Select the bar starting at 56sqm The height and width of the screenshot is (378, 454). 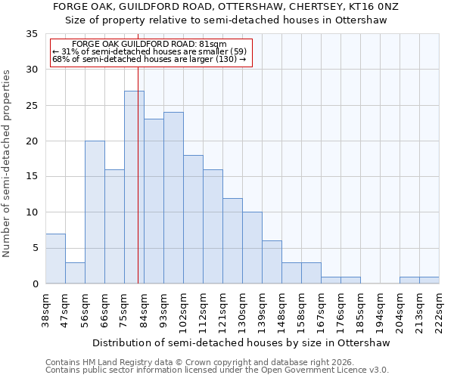pyautogui.click(x=95, y=212)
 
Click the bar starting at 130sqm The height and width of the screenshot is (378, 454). pyautogui.click(x=252, y=248)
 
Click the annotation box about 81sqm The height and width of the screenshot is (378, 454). pyautogui.click(x=150, y=52)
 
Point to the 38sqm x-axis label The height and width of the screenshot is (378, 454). pyautogui.click(x=46, y=310)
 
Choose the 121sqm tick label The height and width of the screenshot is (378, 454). pyautogui.click(x=223, y=310)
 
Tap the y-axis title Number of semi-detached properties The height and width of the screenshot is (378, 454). pyautogui.click(x=8, y=163)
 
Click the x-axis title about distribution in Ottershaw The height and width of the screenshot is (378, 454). pyautogui.click(x=241, y=343)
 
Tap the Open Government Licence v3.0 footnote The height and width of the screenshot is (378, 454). pyautogui.click(x=217, y=370)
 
